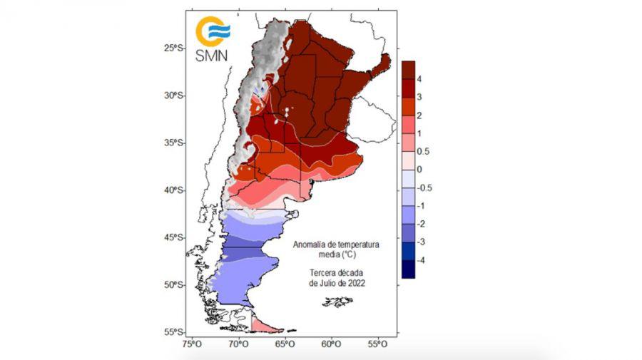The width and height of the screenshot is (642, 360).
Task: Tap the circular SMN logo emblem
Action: point(213,31)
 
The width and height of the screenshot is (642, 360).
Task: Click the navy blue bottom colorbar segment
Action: point(408,269)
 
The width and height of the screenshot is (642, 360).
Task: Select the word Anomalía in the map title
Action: point(311,245)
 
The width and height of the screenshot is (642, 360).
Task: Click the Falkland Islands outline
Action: point(337,302)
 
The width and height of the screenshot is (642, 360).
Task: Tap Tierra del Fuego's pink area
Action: point(265,327)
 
